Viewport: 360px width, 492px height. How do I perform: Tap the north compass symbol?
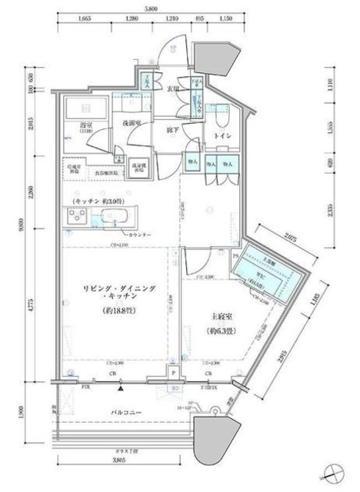click(333, 470)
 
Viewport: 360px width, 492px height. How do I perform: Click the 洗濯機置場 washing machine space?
click(138, 168)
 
